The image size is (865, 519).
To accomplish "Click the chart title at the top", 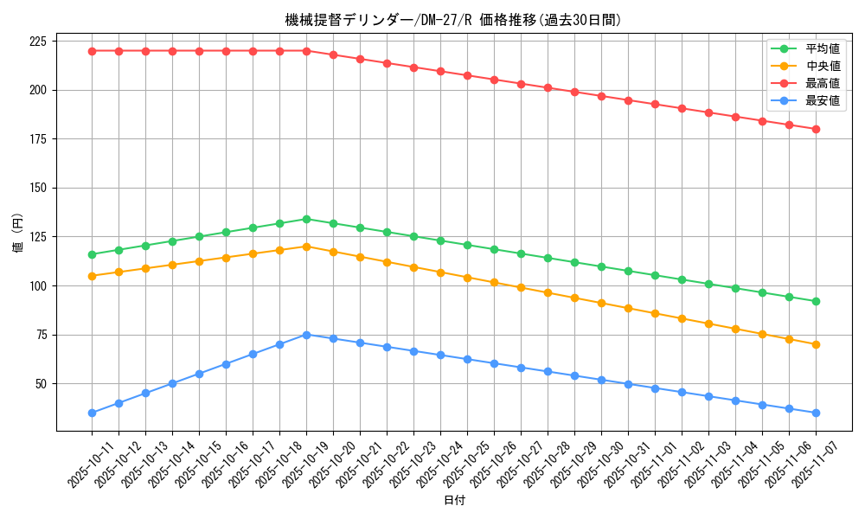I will [453, 20].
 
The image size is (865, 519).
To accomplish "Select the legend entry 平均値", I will [823, 48].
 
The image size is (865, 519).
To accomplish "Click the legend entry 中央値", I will [823, 66].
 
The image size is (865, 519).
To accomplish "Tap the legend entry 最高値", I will [823, 83].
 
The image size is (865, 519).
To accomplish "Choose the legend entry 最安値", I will [823, 100].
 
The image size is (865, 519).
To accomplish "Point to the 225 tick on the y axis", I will [38, 42].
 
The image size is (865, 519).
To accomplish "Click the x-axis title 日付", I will [454, 501].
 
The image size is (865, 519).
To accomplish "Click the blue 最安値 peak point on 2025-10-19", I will [306, 335].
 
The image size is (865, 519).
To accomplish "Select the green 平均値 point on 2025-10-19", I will [306, 219].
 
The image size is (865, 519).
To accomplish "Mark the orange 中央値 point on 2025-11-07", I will [816, 344].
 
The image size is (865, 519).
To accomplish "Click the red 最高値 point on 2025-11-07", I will [816, 129].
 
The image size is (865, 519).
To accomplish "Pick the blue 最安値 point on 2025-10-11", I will [92, 413].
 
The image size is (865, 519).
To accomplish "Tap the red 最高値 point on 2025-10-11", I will [92, 51].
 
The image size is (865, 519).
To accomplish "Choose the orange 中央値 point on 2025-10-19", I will [306, 247].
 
